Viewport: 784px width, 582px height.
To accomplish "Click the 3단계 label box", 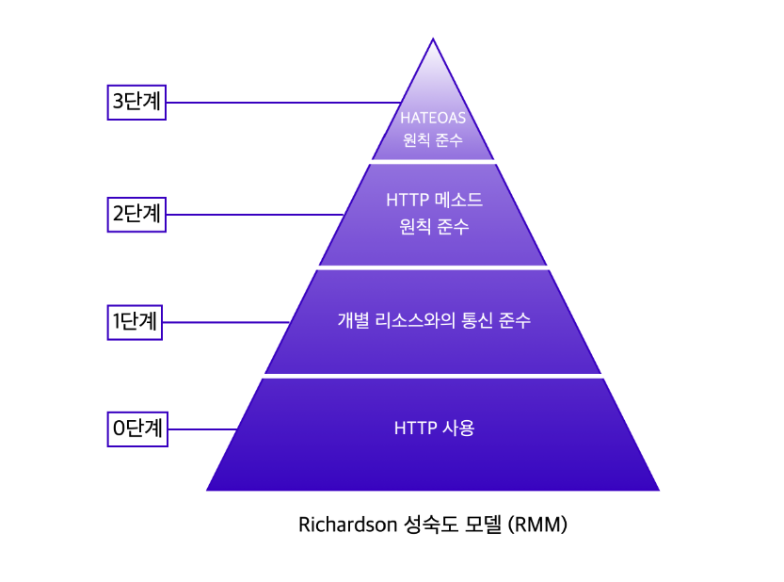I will pyautogui.click(x=137, y=102).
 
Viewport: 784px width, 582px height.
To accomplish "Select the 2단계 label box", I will pyautogui.click(x=137, y=214).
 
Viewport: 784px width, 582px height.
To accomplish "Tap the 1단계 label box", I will pyautogui.click(x=137, y=322).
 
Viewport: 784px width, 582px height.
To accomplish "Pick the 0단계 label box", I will pyautogui.click(x=137, y=429).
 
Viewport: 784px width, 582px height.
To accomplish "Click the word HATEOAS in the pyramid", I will pyautogui.click(x=433, y=119).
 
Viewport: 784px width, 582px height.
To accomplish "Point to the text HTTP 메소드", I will pyautogui.click(x=434, y=200).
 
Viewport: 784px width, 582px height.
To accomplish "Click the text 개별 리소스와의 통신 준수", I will pyautogui.click(x=434, y=320).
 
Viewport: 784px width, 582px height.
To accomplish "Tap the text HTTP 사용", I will pyautogui.click(x=434, y=428).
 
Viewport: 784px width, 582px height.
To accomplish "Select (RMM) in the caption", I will pyautogui.click(x=537, y=525).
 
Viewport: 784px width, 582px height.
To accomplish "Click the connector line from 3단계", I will pyautogui.click(x=282, y=102).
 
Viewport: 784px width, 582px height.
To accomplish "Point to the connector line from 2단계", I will pyautogui.click(x=254, y=215).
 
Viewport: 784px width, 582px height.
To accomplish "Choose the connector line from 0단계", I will pyautogui.click(x=201, y=429).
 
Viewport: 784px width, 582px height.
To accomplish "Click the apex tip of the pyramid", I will pyautogui.click(x=433, y=40).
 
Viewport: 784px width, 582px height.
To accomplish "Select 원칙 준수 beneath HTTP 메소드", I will pyautogui.click(x=434, y=227).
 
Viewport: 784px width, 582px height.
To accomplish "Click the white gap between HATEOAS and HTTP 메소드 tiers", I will pyautogui.click(x=433, y=162).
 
